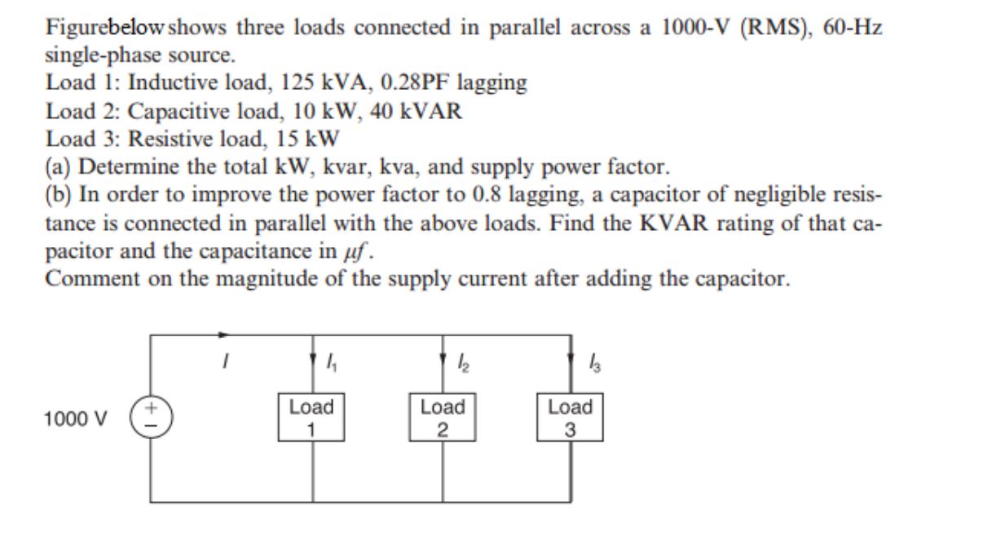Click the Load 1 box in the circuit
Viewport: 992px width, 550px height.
coord(312,417)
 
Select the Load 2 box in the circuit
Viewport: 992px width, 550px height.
coord(443,417)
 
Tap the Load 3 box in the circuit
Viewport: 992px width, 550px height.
coord(571,417)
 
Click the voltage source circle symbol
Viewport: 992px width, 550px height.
coord(150,417)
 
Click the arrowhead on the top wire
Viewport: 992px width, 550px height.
coord(226,334)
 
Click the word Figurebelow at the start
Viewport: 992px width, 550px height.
coord(97,27)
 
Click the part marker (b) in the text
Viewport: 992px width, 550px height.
coord(59,195)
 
